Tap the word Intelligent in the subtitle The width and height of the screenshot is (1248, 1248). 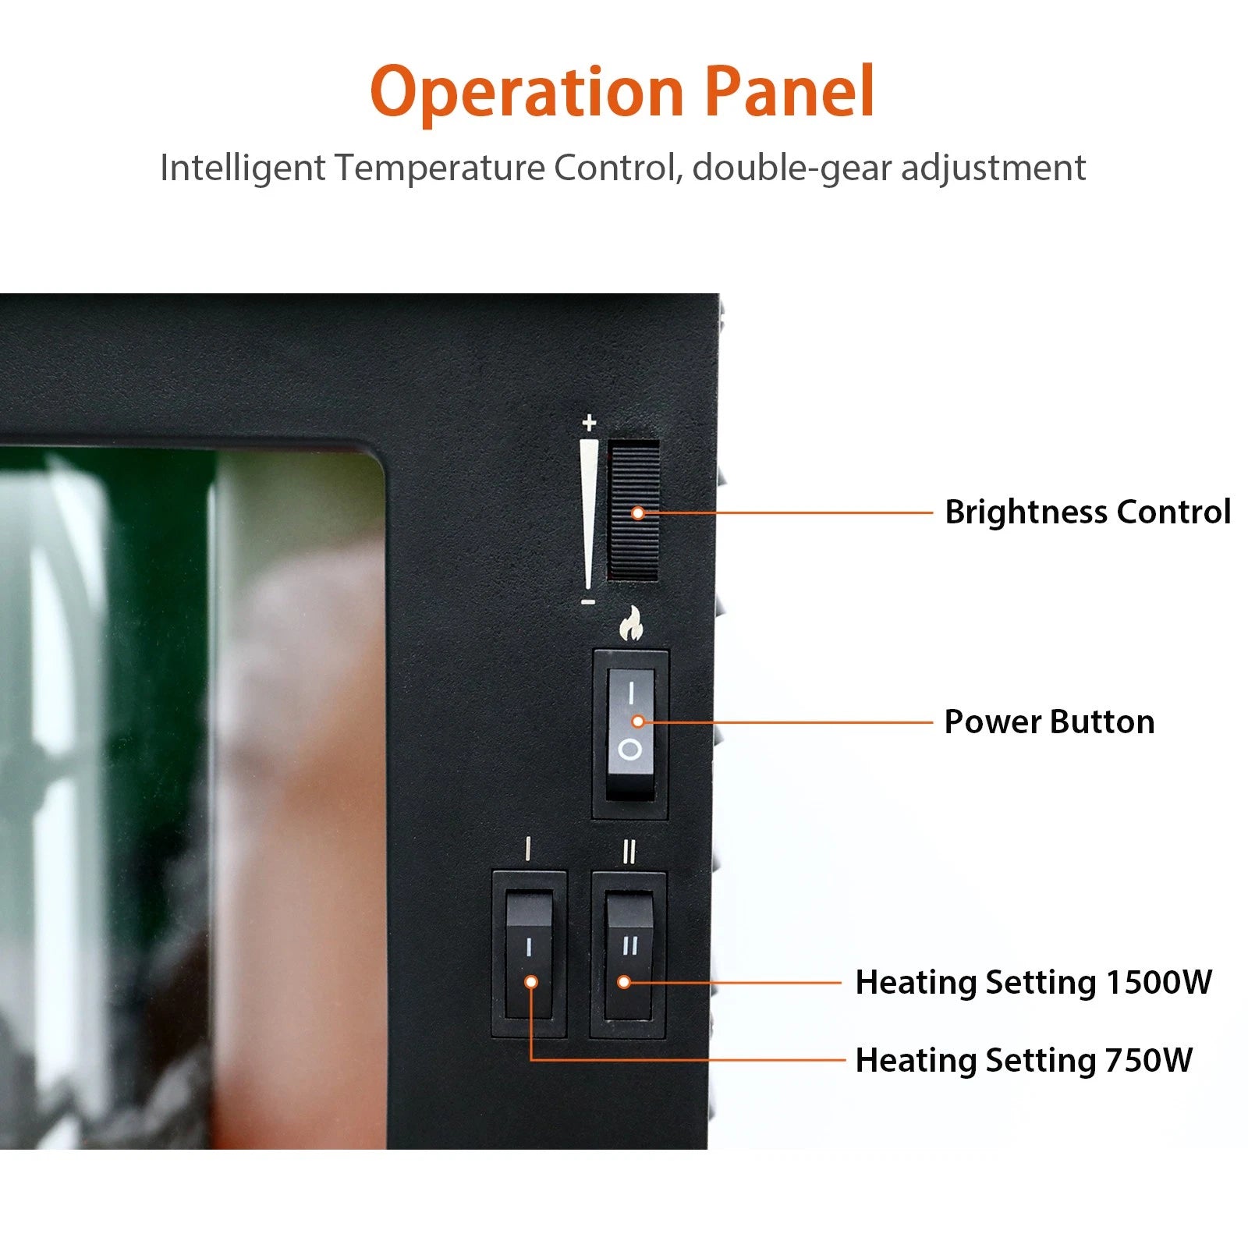point(243,168)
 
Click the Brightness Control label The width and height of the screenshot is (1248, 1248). point(1087,512)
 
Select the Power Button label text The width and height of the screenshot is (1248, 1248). point(1049,721)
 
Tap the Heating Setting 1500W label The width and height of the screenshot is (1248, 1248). point(1033,982)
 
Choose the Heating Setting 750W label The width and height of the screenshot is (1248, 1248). point(1023,1060)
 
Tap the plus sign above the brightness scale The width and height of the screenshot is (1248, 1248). point(590,423)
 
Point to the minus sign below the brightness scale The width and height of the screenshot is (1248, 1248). point(589,602)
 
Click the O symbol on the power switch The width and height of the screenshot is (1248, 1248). point(629,750)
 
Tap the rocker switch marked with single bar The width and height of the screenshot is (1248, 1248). point(529,955)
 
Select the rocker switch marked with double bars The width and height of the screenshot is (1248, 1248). point(629,955)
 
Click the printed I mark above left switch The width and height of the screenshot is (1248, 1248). point(529,848)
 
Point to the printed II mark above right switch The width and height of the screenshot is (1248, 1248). point(629,852)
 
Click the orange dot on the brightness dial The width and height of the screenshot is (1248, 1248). point(638,512)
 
